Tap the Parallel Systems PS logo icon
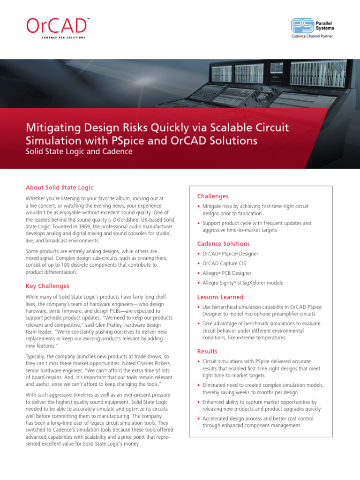click(x=301, y=25)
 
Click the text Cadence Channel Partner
click(x=312, y=37)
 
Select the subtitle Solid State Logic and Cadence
click(x=79, y=152)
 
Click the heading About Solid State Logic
click(x=60, y=187)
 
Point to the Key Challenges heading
click(x=47, y=286)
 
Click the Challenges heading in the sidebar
click(x=213, y=196)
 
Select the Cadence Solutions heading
click(x=223, y=244)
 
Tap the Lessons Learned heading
click(x=220, y=297)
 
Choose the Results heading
click(x=207, y=352)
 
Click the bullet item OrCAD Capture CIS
click(x=224, y=263)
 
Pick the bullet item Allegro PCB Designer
click(x=227, y=273)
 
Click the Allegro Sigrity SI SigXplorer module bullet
click(x=243, y=283)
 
